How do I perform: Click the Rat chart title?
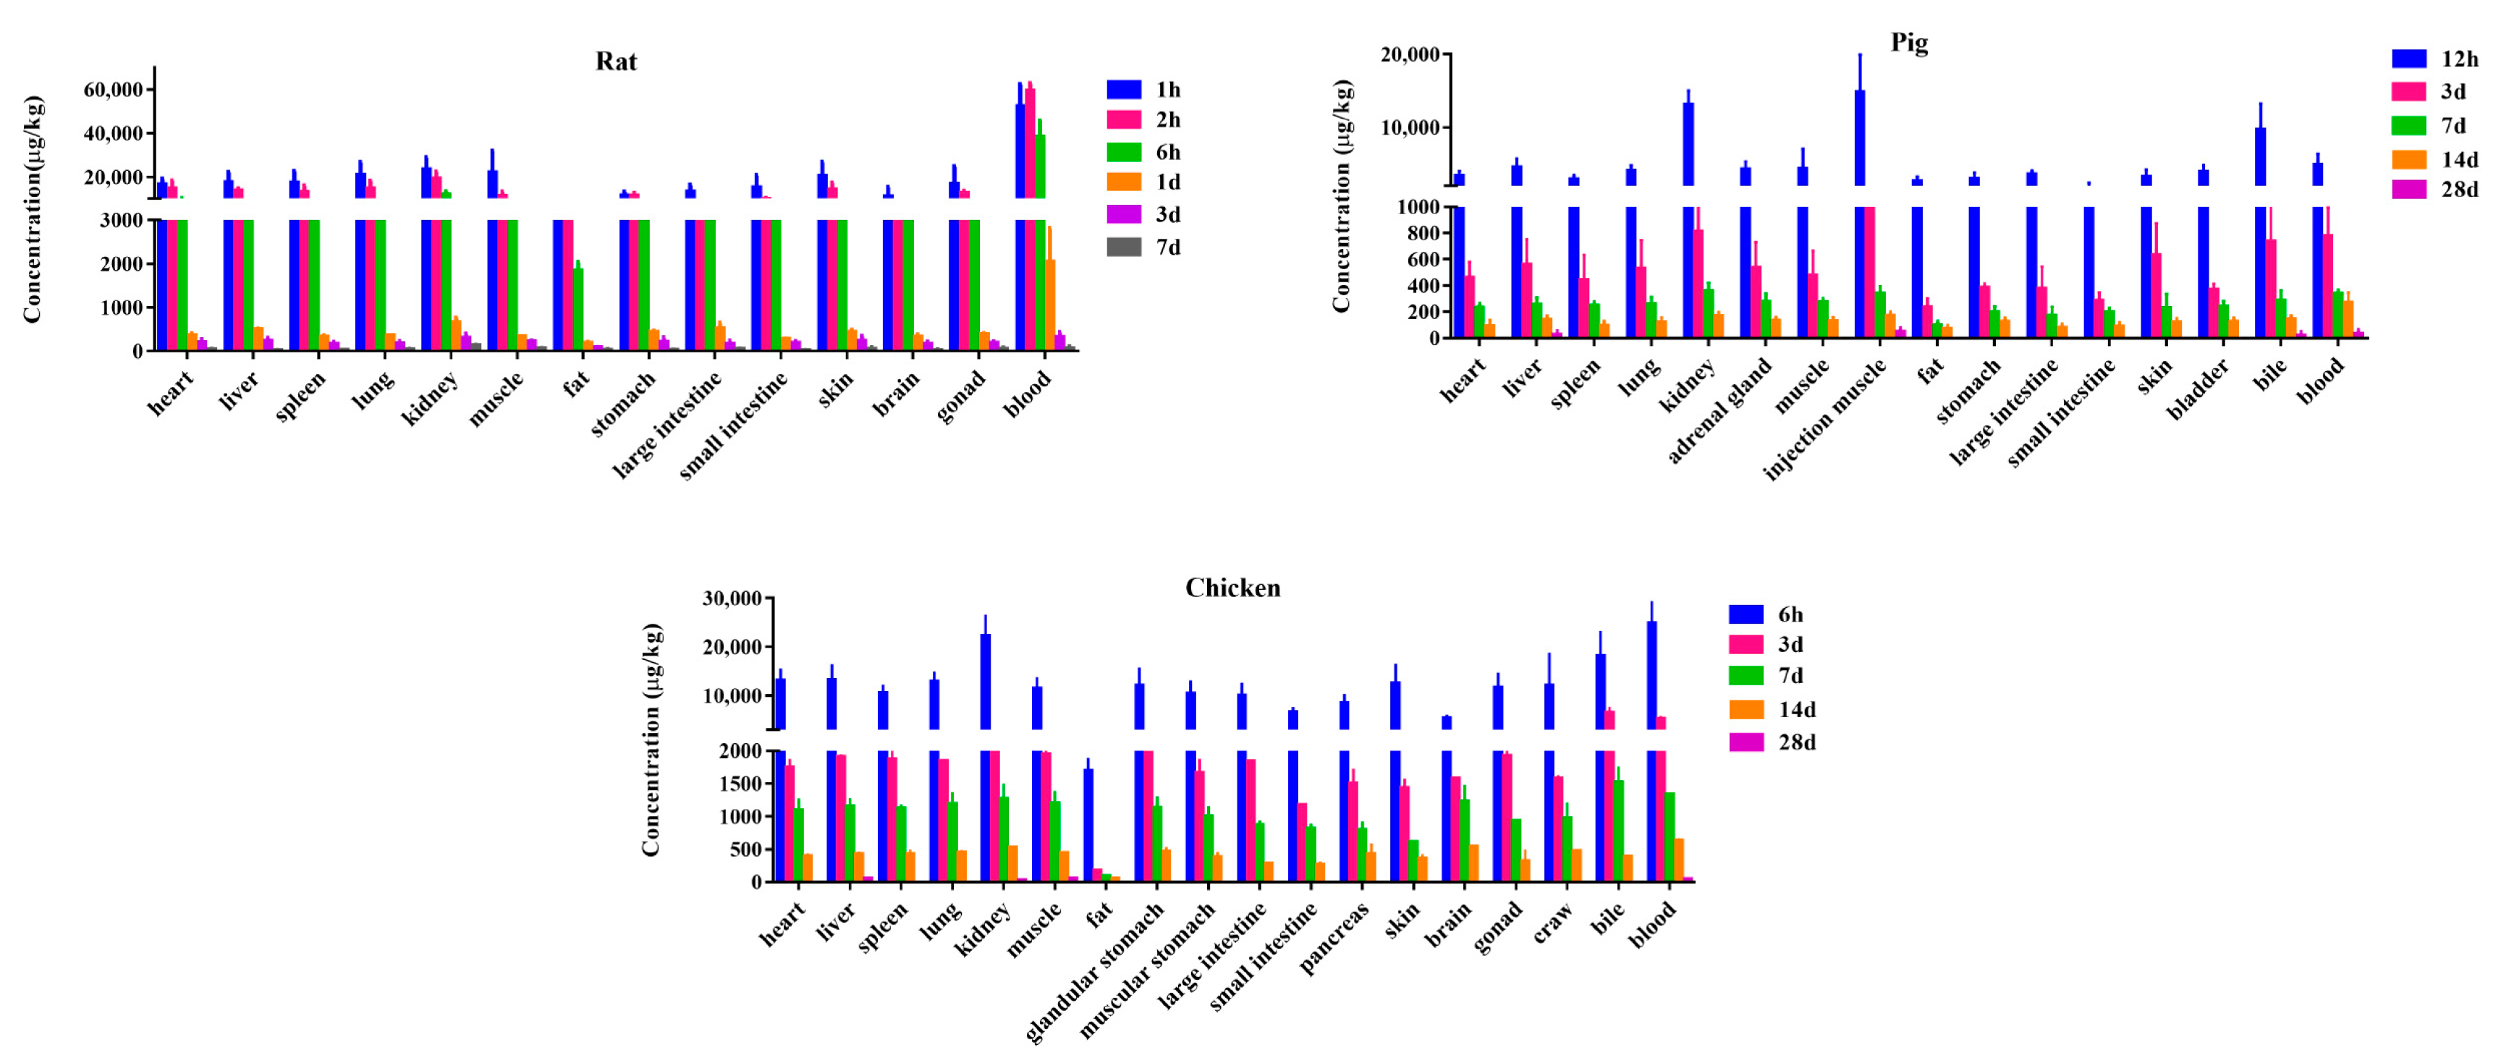616,62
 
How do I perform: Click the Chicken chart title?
1232,588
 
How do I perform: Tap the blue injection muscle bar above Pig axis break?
1859,137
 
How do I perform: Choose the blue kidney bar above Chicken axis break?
986,679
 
